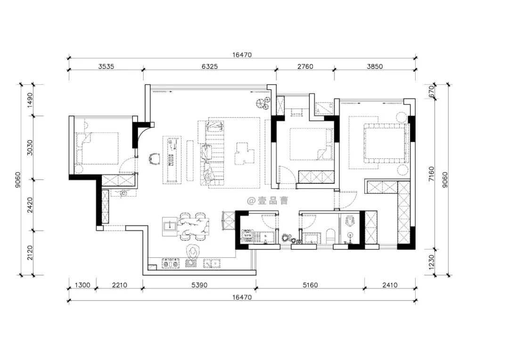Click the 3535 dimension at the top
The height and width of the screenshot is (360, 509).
pyautogui.click(x=106, y=66)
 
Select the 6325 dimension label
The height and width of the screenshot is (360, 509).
pyautogui.click(x=210, y=66)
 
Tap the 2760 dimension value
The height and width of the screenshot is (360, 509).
pyautogui.click(x=305, y=66)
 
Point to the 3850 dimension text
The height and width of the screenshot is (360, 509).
pyautogui.click(x=375, y=66)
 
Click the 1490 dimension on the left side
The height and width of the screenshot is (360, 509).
pyautogui.click(x=30, y=100)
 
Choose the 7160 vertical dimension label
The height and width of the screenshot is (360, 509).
pyautogui.click(x=431, y=174)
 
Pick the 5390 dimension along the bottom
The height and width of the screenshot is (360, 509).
pyautogui.click(x=199, y=285)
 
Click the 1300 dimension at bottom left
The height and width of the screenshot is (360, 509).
pyautogui.click(x=82, y=285)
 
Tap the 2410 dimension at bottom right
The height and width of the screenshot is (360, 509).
pyautogui.click(x=390, y=285)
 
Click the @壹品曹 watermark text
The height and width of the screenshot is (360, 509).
pyautogui.click(x=268, y=201)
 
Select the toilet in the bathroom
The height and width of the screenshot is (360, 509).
pyautogui.click(x=330, y=236)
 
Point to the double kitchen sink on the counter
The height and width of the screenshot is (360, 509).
pyautogui.click(x=212, y=263)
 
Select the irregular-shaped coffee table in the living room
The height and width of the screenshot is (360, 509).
pyautogui.click(x=245, y=154)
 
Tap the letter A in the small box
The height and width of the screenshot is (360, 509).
pyautogui.click(x=318, y=111)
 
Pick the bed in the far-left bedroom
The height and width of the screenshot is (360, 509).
pyautogui.click(x=97, y=148)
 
